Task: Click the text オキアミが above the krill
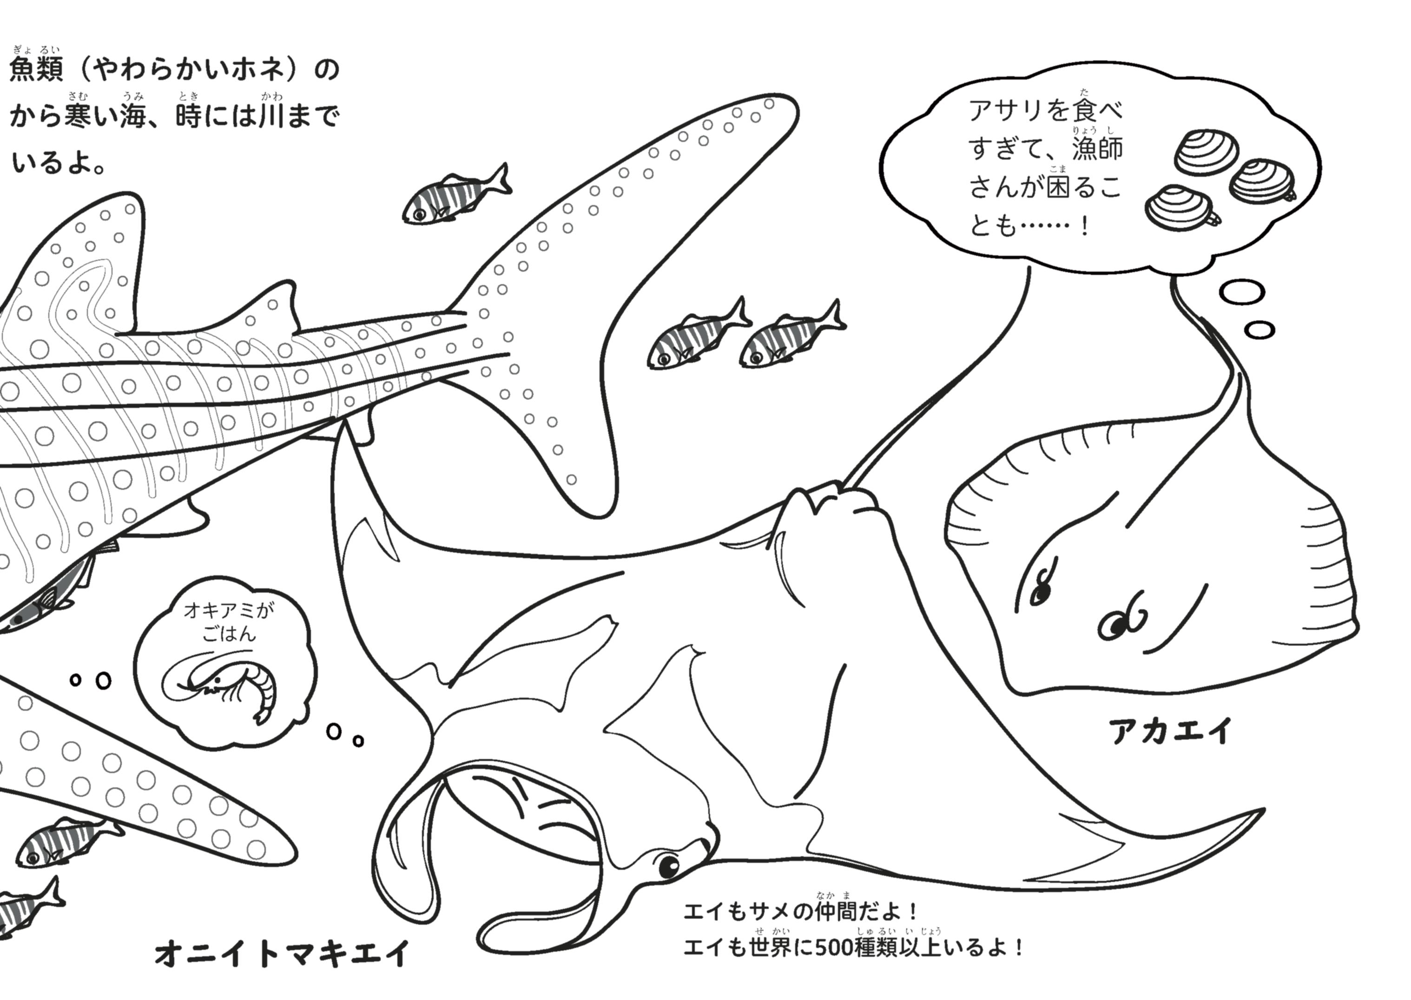click(229, 610)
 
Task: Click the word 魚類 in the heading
click(37, 70)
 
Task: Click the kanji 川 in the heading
click(271, 116)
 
